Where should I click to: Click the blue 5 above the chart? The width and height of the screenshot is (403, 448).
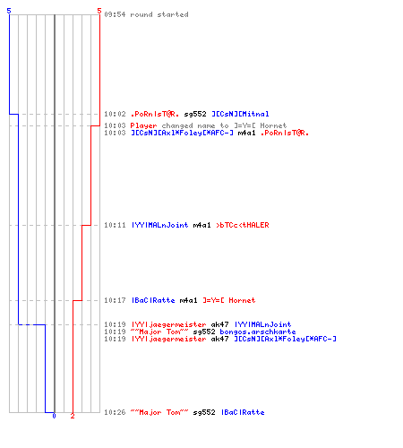click(x=9, y=11)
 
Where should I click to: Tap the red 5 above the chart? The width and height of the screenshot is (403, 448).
click(x=99, y=11)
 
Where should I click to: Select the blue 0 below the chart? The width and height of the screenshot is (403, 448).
click(x=54, y=416)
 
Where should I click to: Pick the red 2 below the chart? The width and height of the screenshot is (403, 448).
click(x=73, y=416)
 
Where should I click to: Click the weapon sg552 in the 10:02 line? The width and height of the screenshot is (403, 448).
click(x=195, y=114)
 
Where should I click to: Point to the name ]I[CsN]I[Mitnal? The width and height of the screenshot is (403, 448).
click(x=240, y=114)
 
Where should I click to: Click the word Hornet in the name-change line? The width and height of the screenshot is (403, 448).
click(x=273, y=125)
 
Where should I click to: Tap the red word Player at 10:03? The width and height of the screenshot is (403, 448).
click(x=143, y=125)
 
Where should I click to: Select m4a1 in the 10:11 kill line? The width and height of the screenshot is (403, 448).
click(x=201, y=225)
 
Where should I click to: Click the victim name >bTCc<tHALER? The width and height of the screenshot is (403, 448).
click(x=243, y=225)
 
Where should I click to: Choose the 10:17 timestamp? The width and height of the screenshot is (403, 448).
click(x=115, y=300)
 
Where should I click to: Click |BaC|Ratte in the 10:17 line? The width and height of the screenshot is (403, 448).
click(x=153, y=300)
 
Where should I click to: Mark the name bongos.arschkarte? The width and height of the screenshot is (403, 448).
click(x=258, y=332)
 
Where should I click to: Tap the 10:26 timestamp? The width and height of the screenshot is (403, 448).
click(x=115, y=412)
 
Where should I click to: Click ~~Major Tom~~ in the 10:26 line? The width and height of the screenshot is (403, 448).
click(x=159, y=412)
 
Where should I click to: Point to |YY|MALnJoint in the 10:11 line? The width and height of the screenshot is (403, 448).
click(x=159, y=225)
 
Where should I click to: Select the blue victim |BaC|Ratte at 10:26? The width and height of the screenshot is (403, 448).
click(x=243, y=412)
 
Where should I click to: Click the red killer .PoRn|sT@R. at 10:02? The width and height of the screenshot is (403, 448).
click(x=155, y=114)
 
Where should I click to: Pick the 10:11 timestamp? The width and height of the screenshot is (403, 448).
click(x=115, y=225)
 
